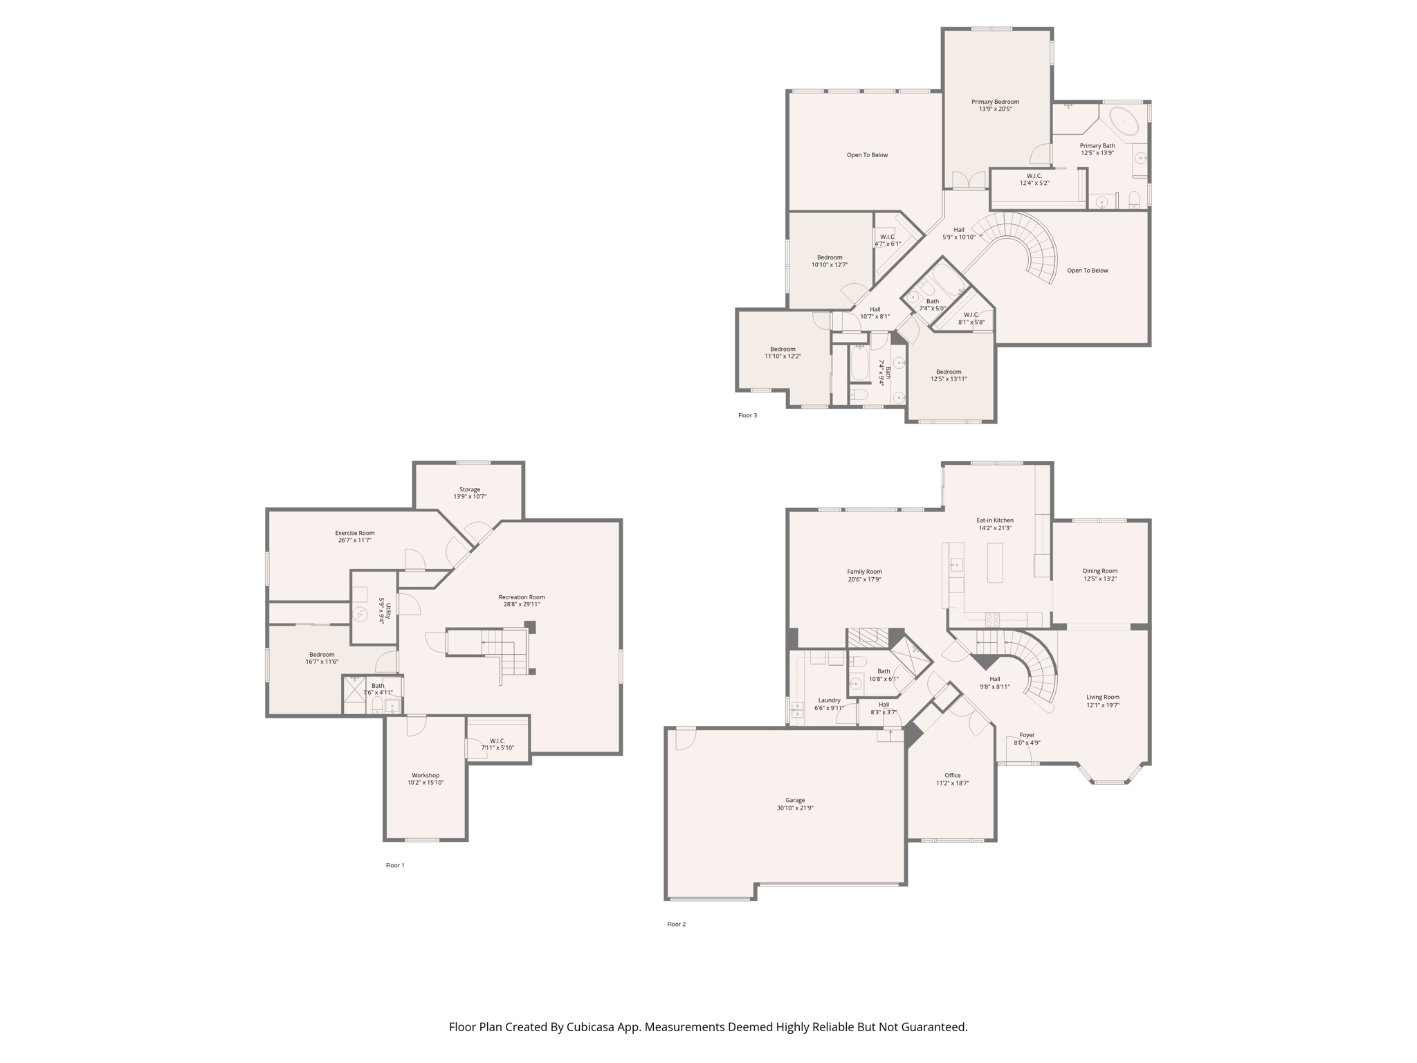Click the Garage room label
[x=794, y=800]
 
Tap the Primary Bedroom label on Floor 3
[x=995, y=102]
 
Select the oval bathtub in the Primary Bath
[x=1125, y=121]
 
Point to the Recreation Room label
[x=522, y=597]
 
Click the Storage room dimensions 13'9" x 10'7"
[x=470, y=497]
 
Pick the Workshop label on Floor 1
[x=426, y=775]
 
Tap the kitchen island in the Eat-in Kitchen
[x=995, y=563]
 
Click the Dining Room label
[x=1100, y=571]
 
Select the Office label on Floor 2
[x=953, y=775]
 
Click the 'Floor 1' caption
[x=395, y=865]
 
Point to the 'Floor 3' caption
[x=747, y=415]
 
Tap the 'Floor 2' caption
[x=676, y=924]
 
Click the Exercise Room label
[x=355, y=533]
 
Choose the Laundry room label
[x=829, y=700]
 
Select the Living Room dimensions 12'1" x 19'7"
[x=1103, y=705]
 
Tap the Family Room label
[x=864, y=572]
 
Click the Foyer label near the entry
[x=1027, y=735]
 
